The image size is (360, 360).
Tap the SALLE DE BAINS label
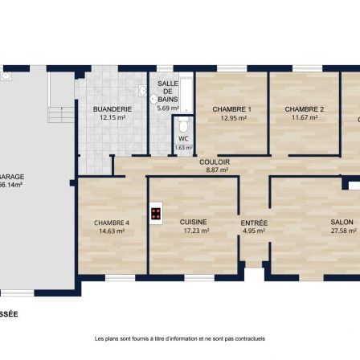[x=168, y=91]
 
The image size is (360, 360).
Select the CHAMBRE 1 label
[x=232, y=109]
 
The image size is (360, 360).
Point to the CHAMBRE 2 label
[x=305, y=109]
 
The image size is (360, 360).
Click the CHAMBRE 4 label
[x=111, y=223]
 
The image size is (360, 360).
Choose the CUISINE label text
[x=194, y=222]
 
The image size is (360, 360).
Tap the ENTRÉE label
[x=254, y=223]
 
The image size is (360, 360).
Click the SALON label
[x=342, y=223]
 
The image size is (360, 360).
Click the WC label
[x=183, y=139]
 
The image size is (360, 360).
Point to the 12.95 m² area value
[x=232, y=118]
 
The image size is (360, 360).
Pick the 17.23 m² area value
[x=194, y=231]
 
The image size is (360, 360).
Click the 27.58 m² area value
[x=342, y=231]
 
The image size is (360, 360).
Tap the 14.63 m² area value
[x=111, y=231]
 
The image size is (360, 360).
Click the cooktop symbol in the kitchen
[x=156, y=215]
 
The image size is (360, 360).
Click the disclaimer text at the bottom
[x=180, y=338]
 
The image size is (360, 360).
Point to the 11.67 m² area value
[x=305, y=117]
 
